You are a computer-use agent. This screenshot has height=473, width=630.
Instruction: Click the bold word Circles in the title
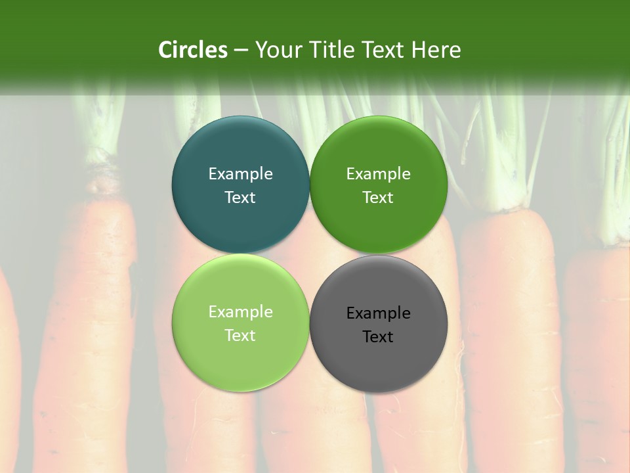tap(193, 50)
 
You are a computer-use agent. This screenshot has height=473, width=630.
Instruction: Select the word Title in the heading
tap(331, 50)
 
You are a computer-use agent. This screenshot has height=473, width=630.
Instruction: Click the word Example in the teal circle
tap(240, 174)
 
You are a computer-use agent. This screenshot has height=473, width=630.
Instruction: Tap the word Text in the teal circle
tap(240, 198)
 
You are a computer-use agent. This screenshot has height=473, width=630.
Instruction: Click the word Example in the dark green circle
tap(378, 174)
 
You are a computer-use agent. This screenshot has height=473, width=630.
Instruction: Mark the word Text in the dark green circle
tap(378, 198)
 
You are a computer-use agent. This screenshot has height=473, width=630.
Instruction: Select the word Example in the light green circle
tap(240, 312)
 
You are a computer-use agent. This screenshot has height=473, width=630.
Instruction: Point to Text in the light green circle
tap(240, 336)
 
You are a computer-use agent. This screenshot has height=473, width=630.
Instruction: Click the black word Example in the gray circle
tap(378, 313)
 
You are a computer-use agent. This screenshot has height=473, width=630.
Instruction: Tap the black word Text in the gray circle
tap(378, 337)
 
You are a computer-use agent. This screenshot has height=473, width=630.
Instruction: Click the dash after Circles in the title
tap(241, 51)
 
